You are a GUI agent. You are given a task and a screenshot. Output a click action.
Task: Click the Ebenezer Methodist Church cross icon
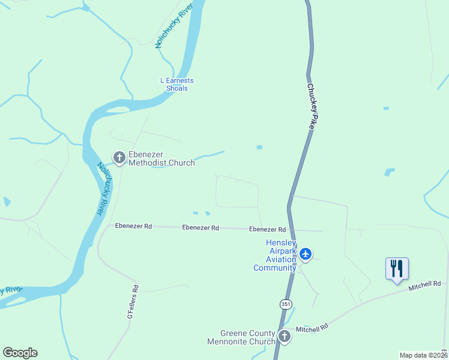(x=119, y=158)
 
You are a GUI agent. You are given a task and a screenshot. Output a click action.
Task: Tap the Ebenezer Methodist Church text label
(x=161, y=158)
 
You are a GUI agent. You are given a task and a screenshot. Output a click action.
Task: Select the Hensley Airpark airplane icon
(x=306, y=254)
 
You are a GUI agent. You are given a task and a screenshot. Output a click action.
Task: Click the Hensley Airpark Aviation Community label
(x=274, y=255)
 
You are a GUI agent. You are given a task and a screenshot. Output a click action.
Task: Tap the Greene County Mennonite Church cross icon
(x=284, y=336)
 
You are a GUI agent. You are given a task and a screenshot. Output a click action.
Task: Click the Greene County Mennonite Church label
(x=248, y=338)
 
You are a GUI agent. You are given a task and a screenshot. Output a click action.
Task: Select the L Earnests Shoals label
(x=177, y=85)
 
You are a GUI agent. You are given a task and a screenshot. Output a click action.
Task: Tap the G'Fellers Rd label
(x=133, y=301)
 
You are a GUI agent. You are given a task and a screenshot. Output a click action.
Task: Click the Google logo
(x=20, y=353)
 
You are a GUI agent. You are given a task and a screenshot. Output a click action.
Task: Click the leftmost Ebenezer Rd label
(x=133, y=226)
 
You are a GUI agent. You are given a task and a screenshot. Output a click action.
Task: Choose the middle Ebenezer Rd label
(x=200, y=228)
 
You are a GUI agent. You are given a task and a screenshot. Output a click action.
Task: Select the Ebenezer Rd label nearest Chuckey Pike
(x=267, y=229)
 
